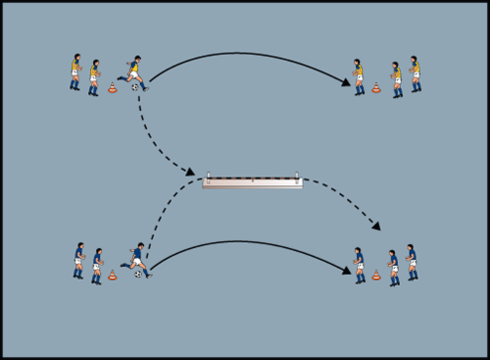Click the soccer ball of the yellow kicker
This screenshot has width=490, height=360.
tap(135, 87)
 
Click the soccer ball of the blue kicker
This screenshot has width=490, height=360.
tap(139, 274)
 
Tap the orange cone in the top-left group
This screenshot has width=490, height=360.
tap(112, 88)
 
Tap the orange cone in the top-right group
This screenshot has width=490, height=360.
tap(376, 88)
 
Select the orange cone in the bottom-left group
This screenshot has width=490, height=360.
tap(112, 275)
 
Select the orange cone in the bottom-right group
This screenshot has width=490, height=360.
tap(376, 275)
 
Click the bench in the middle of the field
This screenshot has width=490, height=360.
tap(252, 183)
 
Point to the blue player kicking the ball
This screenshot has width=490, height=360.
tap(137, 259)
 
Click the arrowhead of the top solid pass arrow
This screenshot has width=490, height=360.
tap(347, 83)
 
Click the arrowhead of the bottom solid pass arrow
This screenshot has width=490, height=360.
tap(347, 271)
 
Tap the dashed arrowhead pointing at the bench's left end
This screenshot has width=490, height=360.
tap(190, 173)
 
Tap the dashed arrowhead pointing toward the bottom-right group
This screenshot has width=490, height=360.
tap(377, 226)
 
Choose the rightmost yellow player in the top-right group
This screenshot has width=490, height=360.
tap(415, 74)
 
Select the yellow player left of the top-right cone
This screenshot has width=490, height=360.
tap(358, 77)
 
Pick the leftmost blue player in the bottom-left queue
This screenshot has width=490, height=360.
tap(79, 260)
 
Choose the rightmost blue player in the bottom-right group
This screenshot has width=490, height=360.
tap(411, 262)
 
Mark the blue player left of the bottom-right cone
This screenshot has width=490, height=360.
tap(359, 265)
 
